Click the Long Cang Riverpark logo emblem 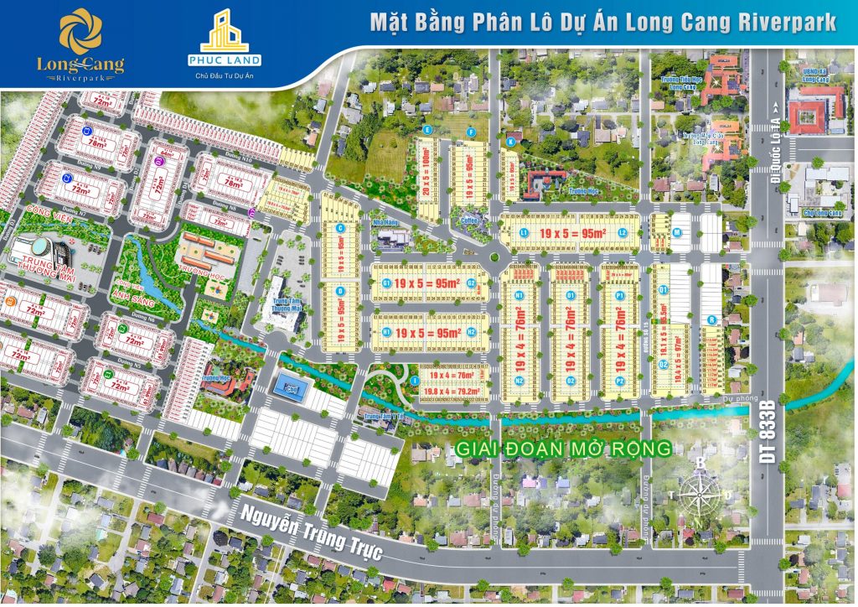click(80, 32)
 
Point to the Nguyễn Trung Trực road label click(310, 537)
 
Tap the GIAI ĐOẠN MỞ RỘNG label click(563, 449)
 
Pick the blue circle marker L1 click(524, 232)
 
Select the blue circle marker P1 click(620, 296)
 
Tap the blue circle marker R click(711, 319)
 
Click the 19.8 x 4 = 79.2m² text click(452, 389)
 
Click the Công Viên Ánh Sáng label click(134, 290)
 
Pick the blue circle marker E click(427, 131)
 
